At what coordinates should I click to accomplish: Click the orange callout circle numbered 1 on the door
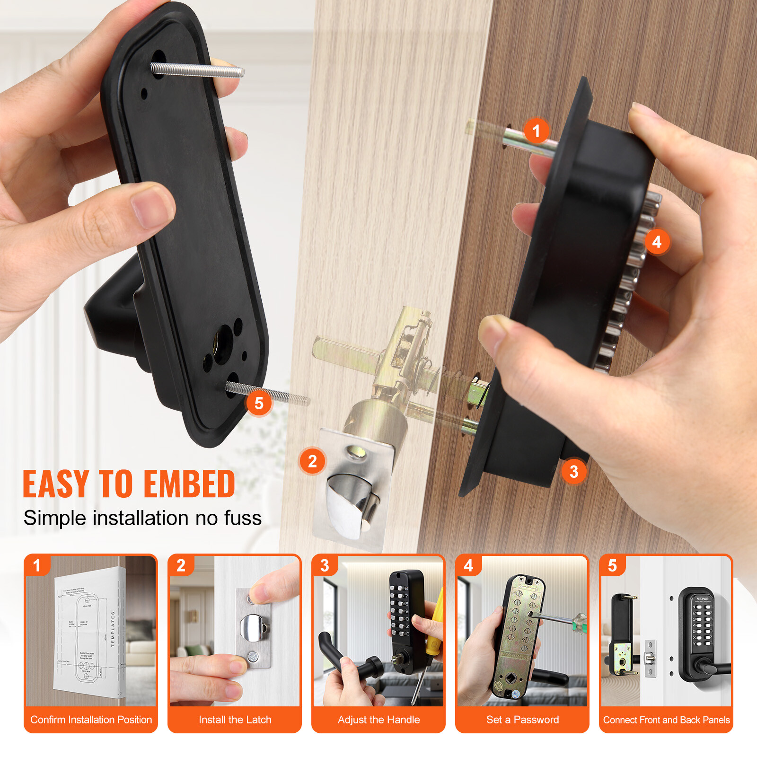click(536, 131)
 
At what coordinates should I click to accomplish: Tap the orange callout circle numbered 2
click(312, 461)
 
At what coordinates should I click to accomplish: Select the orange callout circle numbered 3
click(574, 471)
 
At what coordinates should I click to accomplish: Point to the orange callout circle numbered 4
click(657, 242)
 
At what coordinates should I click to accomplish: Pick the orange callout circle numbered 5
click(259, 403)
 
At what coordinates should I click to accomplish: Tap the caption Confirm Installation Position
click(91, 720)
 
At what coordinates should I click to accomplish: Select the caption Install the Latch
click(235, 720)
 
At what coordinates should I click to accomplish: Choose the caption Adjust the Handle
click(378, 720)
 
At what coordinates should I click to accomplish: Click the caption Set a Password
click(522, 720)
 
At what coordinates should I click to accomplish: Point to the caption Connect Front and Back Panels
click(666, 720)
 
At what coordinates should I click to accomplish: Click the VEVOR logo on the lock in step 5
click(703, 599)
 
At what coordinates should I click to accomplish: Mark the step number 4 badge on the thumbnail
click(468, 565)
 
